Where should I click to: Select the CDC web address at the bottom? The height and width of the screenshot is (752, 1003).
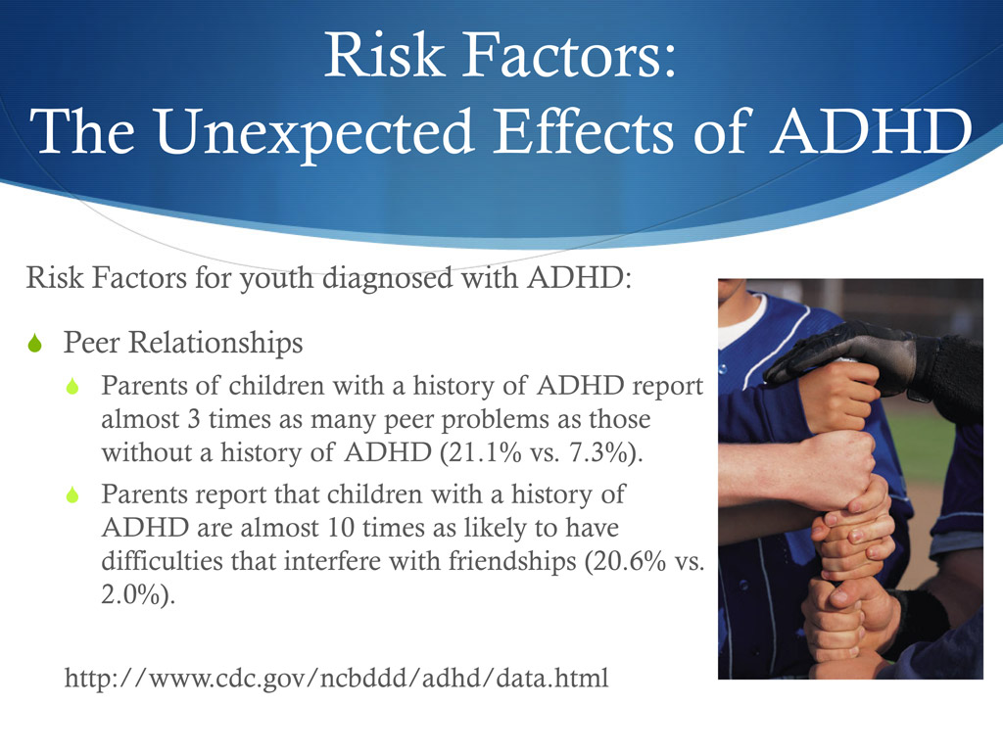click(x=336, y=677)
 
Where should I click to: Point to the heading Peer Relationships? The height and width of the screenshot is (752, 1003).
click(x=183, y=344)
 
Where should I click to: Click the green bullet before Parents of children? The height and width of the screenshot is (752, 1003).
click(x=72, y=388)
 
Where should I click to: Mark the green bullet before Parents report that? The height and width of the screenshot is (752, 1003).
click(x=72, y=496)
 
